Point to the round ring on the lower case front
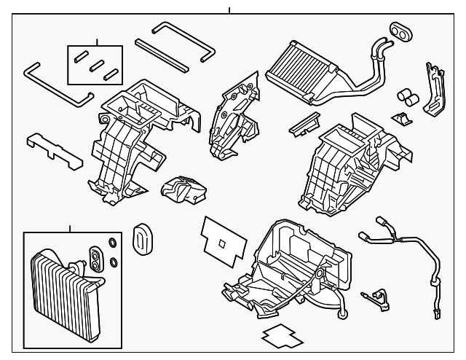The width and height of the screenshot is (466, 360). click(318, 273)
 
